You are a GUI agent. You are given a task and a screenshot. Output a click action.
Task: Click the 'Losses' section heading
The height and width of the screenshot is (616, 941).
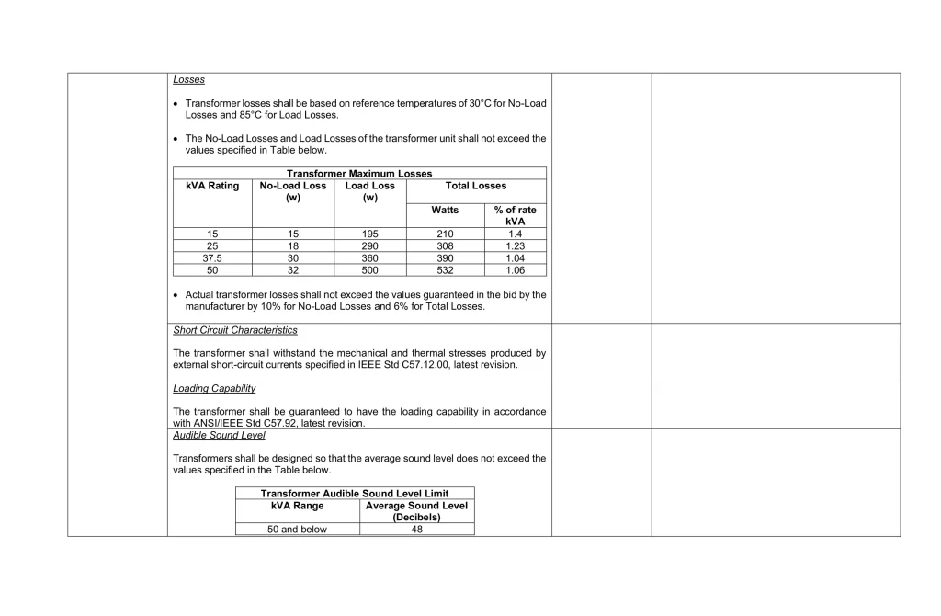[x=188, y=80]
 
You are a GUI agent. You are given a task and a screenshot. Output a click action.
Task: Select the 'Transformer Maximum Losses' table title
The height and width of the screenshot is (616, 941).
[x=358, y=174]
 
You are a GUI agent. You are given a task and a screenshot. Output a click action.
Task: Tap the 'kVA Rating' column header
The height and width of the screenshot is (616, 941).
[x=212, y=186]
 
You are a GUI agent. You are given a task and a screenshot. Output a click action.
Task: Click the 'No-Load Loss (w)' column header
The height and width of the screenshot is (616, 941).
[x=293, y=191]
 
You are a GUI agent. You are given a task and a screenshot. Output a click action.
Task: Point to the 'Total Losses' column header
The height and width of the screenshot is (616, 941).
[x=475, y=186]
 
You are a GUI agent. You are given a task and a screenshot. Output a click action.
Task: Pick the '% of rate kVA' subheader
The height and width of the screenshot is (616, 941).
[x=515, y=215]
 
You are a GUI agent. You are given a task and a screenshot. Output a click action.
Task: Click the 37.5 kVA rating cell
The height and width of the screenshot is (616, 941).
[x=212, y=258]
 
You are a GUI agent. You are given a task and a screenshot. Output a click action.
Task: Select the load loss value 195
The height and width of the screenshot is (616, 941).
[x=370, y=234]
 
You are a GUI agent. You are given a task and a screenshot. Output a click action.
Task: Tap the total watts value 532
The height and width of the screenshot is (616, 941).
[x=445, y=270]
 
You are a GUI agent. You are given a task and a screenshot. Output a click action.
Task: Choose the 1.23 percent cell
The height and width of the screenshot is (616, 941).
[x=515, y=246]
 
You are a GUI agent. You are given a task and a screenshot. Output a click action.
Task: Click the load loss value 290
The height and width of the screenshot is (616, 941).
[x=370, y=246]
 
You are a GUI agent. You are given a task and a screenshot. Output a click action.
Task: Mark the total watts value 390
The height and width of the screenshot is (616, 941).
[x=445, y=258]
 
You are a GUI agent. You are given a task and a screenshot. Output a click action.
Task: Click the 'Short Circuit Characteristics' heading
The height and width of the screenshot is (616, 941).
[x=234, y=330]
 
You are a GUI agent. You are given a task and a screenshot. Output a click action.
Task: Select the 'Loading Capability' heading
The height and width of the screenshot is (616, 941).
[x=214, y=389]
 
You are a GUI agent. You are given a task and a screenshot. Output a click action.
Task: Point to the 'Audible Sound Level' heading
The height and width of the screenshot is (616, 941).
[x=219, y=436]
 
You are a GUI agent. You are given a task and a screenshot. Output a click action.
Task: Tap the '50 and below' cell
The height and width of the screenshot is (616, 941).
[x=297, y=530]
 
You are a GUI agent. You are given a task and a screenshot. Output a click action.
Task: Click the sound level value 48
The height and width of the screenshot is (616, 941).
[x=416, y=530]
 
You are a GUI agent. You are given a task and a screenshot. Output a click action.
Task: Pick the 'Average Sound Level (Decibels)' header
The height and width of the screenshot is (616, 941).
[x=416, y=511]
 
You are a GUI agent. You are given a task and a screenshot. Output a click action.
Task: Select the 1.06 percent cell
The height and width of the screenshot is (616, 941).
[x=515, y=270]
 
